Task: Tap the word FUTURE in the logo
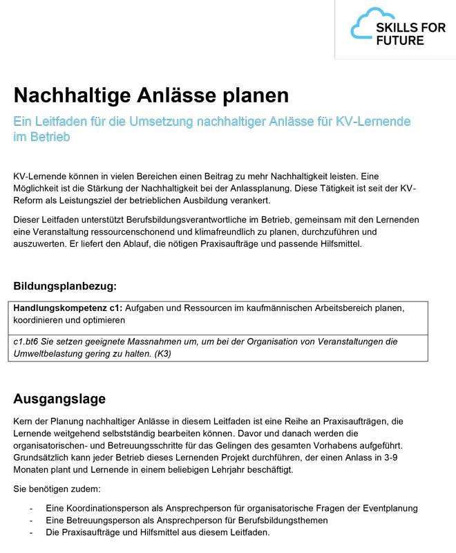click(x=401, y=40)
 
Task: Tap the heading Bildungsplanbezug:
click(x=65, y=285)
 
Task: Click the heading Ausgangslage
click(x=59, y=399)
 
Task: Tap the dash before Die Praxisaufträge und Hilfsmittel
click(x=31, y=532)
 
